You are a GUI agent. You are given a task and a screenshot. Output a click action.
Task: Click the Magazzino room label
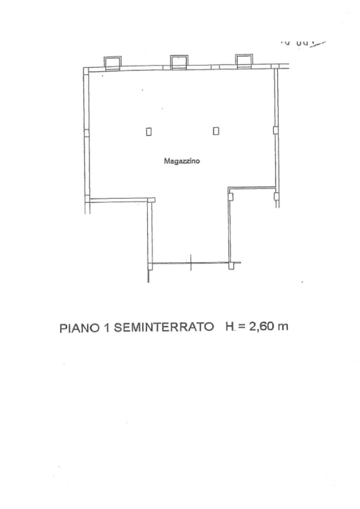[x=182, y=162]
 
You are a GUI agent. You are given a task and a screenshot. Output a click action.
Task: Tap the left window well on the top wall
[x=112, y=62]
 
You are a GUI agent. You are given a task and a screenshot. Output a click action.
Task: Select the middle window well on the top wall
[x=178, y=62]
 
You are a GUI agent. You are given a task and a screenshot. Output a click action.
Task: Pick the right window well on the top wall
[x=244, y=62]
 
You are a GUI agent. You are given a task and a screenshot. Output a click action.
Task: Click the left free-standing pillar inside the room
[x=149, y=131]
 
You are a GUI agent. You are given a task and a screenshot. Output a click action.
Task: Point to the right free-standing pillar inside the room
[x=216, y=131]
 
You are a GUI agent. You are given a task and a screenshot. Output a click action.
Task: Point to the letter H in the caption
[x=229, y=327]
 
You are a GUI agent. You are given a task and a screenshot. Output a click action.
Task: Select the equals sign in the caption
[x=241, y=327]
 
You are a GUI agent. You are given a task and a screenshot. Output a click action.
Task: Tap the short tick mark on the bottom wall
[x=191, y=264]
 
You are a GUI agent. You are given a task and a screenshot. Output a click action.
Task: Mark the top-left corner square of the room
[x=86, y=70]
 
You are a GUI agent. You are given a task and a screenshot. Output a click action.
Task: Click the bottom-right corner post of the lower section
[x=233, y=266]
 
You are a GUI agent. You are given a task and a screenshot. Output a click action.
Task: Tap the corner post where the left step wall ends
[x=151, y=201]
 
